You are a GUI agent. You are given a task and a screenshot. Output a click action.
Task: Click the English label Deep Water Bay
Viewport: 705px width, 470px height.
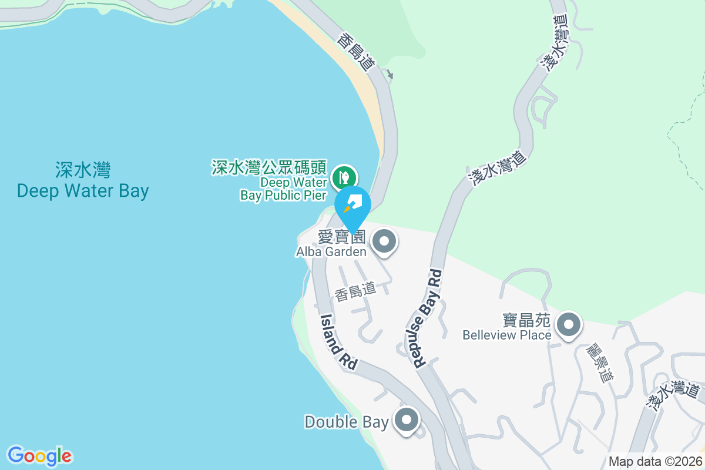[83, 190]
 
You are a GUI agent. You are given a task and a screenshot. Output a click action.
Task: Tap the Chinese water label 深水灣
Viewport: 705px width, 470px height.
[83, 170]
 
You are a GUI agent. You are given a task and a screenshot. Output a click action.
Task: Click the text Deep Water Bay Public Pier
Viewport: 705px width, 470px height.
[284, 189]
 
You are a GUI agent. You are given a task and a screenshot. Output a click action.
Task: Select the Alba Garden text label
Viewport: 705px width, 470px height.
[331, 251]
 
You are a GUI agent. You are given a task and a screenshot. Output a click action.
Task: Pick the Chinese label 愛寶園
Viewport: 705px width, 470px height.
[341, 237]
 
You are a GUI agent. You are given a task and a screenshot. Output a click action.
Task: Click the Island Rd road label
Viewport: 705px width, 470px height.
[339, 342]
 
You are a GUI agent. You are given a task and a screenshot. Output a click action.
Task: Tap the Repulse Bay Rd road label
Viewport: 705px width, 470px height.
[427, 318]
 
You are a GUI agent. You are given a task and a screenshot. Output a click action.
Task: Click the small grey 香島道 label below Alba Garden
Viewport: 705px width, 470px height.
[355, 291]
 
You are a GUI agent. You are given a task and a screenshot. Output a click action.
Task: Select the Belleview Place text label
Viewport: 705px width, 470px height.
[506, 335]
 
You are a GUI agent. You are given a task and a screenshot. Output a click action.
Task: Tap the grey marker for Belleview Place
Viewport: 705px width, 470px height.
[568, 324]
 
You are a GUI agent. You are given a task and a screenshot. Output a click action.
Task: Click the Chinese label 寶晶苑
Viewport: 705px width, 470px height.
[526, 320]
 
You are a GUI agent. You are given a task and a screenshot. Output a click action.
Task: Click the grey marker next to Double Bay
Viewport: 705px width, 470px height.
[407, 421]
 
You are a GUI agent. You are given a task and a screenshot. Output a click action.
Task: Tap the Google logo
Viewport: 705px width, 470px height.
[39, 456]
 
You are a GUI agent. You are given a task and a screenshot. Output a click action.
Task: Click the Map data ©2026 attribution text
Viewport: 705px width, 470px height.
[655, 462]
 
